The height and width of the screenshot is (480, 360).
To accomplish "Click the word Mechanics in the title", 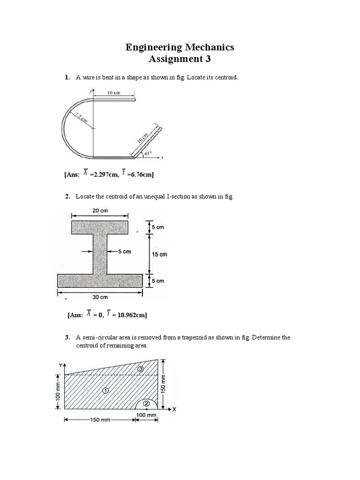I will [207, 47].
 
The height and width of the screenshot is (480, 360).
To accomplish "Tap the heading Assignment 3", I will [180, 59].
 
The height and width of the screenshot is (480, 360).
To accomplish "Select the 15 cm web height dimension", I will [159, 254].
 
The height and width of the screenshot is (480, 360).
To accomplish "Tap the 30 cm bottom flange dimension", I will [99, 297].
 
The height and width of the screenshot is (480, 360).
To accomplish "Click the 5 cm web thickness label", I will [124, 252].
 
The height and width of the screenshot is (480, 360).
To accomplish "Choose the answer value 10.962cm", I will [129, 315].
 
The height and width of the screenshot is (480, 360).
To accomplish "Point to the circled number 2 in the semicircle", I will [147, 403].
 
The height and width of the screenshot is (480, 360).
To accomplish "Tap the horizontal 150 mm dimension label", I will [99, 420].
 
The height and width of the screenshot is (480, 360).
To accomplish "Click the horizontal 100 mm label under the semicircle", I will [146, 415].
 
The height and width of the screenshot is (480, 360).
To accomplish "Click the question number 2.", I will [67, 196].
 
